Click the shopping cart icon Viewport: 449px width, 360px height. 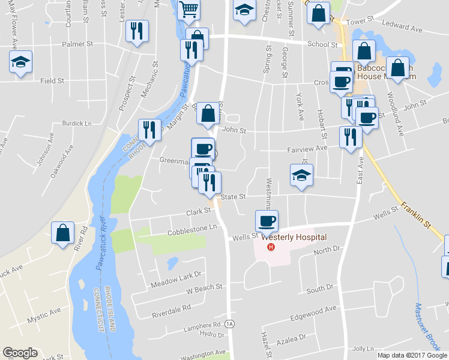point(188,10)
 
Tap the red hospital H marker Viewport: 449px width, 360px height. point(271,247)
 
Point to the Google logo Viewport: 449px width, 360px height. point(20,353)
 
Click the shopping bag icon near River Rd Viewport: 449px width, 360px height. point(62,233)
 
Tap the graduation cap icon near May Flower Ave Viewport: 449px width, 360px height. point(21,62)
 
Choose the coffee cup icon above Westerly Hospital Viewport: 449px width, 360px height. point(267,220)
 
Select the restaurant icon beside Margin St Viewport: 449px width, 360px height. point(148,129)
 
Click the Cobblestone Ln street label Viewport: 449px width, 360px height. point(192,230)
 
